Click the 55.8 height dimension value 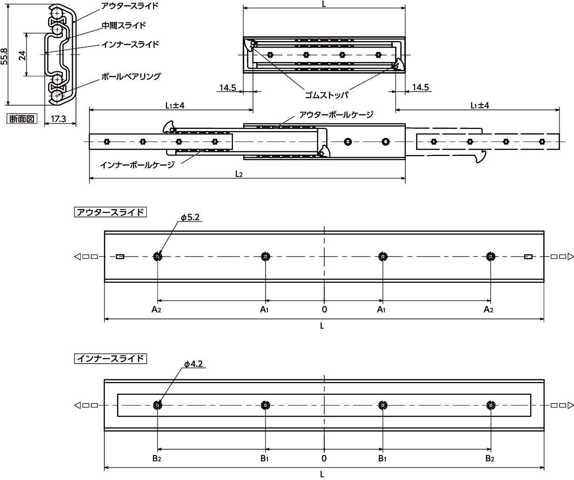pyautogui.click(x=4, y=57)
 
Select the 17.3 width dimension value pyautogui.click(x=58, y=119)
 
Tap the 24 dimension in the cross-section pyautogui.click(x=22, y=55)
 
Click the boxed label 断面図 pyautogui.click(x=22, y=119)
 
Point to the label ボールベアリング pyautogui.click(x=130, y=76)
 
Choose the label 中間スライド pyautogui.click(x=124, y=25)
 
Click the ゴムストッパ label pyautogui.click(x=327, y=95)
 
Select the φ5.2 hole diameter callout pyautogui.click(x=190, y=217)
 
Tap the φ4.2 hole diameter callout pyautogui.click(x=193, y=364)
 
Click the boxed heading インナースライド pyautogui.click(x=110, y=358)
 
